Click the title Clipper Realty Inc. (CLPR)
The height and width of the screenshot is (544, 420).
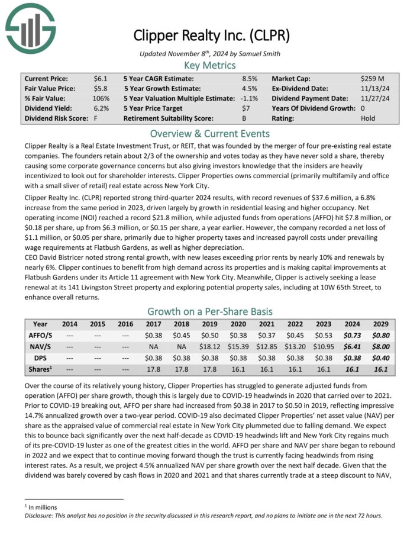pos(211,35)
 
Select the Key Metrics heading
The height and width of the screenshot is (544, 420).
pos(210,66)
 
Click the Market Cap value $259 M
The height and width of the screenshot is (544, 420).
pos(372,78)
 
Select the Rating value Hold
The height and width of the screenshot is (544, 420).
pos(368,118)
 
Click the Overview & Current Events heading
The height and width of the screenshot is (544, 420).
pos(210,133)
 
